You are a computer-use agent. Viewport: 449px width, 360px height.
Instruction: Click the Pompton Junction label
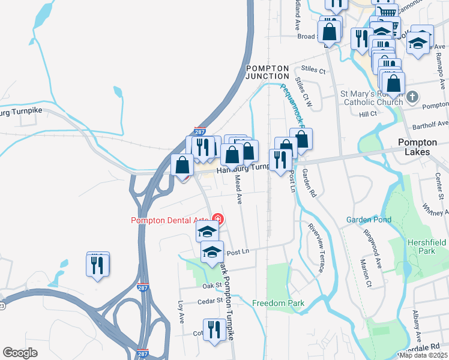(268, 73)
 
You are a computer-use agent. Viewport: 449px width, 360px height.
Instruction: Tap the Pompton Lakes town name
(423, 147)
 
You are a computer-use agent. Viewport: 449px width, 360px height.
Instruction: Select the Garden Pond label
(369, 220)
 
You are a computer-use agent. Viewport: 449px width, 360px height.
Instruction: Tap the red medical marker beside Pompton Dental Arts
(218, 220)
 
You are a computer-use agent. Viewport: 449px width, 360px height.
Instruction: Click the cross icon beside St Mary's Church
(412, 97)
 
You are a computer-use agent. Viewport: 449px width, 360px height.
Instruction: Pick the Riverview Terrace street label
(316, 248)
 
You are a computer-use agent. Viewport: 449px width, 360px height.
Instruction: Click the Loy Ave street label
(180, 311)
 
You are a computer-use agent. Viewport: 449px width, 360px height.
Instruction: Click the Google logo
(20, 353)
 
